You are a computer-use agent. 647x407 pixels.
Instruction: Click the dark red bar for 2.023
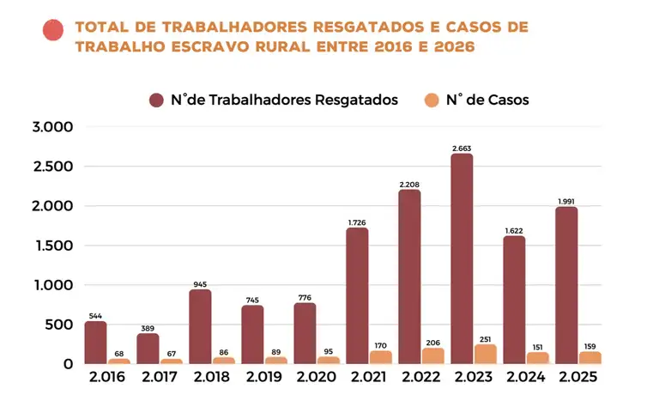[x=462, y=258]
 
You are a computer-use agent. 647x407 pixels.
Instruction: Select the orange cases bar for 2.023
[x=485, y=354]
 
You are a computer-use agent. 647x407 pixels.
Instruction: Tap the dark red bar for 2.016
[x=95, y=342]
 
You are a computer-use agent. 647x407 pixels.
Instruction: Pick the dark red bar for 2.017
[x=148, y=348]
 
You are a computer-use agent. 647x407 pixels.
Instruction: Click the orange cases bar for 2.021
[x=380, y=356]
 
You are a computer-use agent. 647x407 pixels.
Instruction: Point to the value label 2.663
[x=462, y=149]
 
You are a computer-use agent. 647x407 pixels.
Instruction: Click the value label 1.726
[x=357, y=222]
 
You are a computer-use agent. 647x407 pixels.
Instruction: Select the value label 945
[x=200, y=284]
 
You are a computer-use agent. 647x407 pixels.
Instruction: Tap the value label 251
[x=485, y=338]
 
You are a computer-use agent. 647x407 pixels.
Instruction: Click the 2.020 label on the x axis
[x=317, y=378]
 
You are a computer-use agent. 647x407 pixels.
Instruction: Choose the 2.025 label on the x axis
[x=577, y=378]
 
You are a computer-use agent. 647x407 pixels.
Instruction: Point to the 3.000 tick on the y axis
[x=52, y=127]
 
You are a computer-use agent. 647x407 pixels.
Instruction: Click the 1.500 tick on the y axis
[x=52, y=246]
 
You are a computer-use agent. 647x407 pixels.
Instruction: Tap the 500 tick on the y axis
[x=58, y=325]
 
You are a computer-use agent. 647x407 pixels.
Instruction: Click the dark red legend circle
[x=156, y=100]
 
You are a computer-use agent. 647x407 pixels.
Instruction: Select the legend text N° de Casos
[x=487, y=100]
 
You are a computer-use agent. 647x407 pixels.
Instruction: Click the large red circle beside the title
[x=53, y=30]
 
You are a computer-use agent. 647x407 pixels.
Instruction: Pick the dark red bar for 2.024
[x=514, y=300]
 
